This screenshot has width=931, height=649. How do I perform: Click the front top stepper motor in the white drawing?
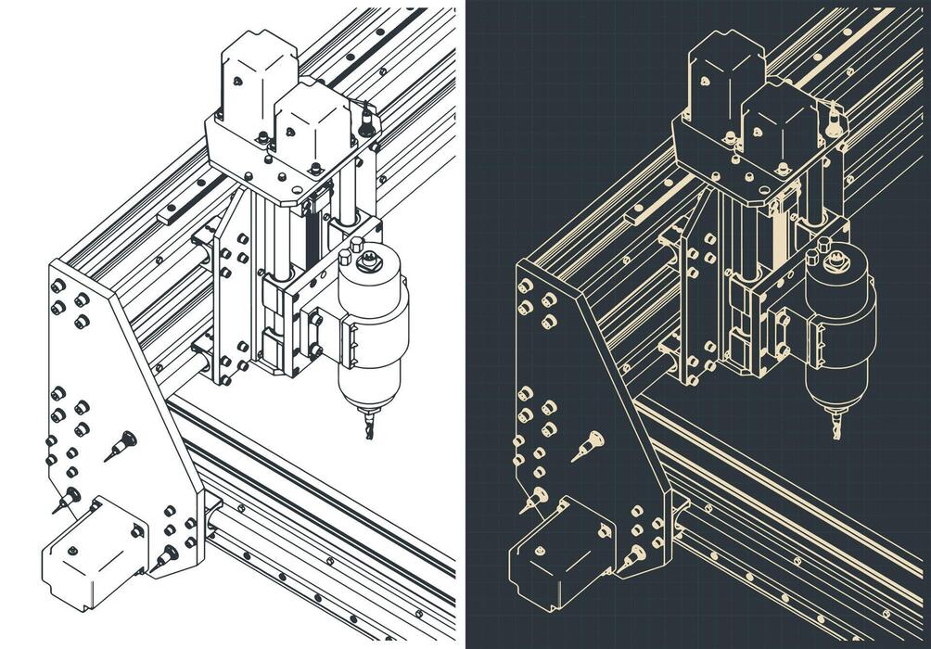(x=312, y=125)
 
